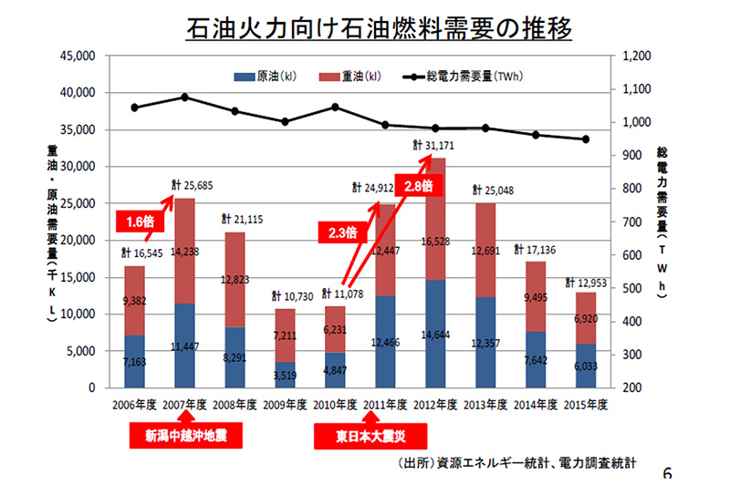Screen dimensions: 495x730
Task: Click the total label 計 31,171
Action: (434, 145)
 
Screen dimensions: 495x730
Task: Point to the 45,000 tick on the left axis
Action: (78, 56)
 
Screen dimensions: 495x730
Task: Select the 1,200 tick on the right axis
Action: (635, 56)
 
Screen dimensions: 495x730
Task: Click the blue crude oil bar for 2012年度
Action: (434, 333)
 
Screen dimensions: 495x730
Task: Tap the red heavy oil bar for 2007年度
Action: (184, 251)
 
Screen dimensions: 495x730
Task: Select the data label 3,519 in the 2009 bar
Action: (287, 374)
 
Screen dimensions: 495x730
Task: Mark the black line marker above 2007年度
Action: (184, 97)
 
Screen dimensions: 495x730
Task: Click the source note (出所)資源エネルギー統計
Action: (516, 464)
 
